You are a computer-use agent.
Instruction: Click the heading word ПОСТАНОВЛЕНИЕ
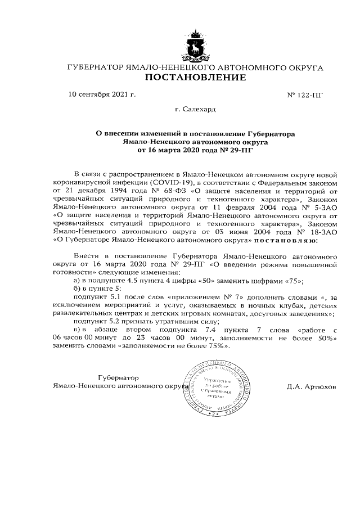click(x=195, y=78)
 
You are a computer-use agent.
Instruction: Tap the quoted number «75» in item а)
click(x=294, y=281)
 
